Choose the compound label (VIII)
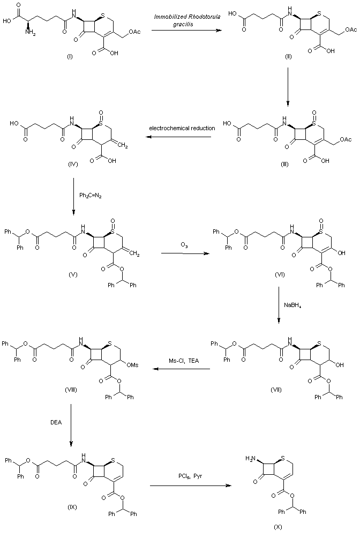coord(70,390)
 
